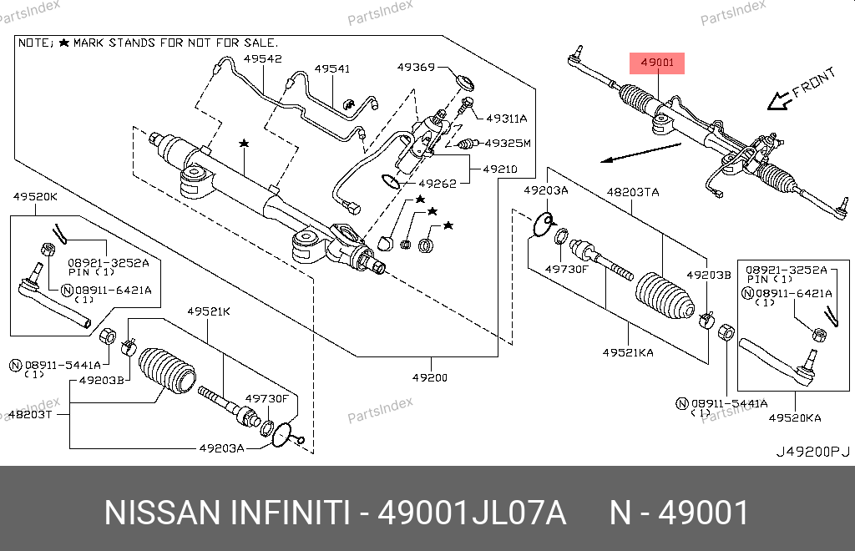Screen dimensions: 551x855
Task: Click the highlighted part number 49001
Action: coord(656,63)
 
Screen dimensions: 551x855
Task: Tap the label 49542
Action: coord(263,58)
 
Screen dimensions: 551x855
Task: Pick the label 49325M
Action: coord(508,143)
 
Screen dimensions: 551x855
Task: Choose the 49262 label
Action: coord(438,184)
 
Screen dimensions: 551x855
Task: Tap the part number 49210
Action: coord(498,169)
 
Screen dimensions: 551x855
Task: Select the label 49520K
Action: coord(35,196)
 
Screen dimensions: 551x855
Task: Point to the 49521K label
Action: coord(208,311)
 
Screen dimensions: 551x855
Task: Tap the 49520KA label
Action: coord(795,417)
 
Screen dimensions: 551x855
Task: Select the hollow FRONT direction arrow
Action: coord(779,100)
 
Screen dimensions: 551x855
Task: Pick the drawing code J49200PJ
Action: coord(812,452)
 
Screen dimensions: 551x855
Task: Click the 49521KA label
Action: coord(630,353)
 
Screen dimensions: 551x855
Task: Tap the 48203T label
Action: coord(29,414)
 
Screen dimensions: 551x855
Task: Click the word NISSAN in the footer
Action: coord(156,513)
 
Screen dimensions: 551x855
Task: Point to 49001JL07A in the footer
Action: coord(473,513)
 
